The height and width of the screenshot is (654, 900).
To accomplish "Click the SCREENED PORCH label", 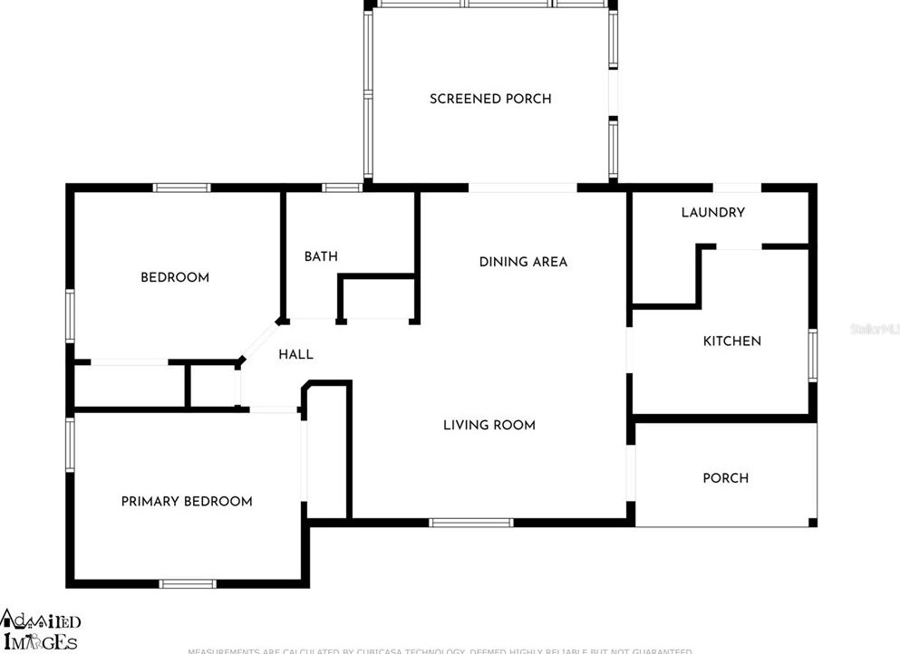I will click(x=490, y=99).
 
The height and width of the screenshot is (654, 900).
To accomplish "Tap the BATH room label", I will click(x=321, y=256).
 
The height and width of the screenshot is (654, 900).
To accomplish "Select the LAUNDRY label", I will click(x=712, y=212).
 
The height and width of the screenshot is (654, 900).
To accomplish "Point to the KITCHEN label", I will click(x=732, y=341).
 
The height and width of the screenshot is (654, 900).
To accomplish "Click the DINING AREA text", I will click(x=523, y=262).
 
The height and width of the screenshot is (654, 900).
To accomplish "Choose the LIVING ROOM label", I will click(x=489, y=425).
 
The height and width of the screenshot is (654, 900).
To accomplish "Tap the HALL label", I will click(x=295, y=354).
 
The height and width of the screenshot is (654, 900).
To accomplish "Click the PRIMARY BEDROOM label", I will click(x=187, y=502).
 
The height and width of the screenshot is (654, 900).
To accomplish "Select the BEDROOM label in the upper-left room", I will click(x=174, y=277).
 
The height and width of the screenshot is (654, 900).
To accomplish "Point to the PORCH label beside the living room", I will click(x=726, y=478).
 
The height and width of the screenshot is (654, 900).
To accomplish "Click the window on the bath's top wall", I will click(x=342, y=188).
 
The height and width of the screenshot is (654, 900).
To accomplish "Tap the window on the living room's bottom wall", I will click(x=470, y=523).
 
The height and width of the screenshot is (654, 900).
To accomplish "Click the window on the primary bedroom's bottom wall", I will click(x=188, y=583).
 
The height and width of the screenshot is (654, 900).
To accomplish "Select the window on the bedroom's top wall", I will click(x=181, y=188).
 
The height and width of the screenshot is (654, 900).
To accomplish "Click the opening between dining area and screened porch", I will click(x=523, y=188).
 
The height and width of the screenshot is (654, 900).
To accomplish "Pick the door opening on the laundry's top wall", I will click(x=736, y=188).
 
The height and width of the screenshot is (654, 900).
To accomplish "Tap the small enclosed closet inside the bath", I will click(x=378, y=299).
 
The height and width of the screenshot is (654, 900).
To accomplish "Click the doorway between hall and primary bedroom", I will click(x=272, y=410).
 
